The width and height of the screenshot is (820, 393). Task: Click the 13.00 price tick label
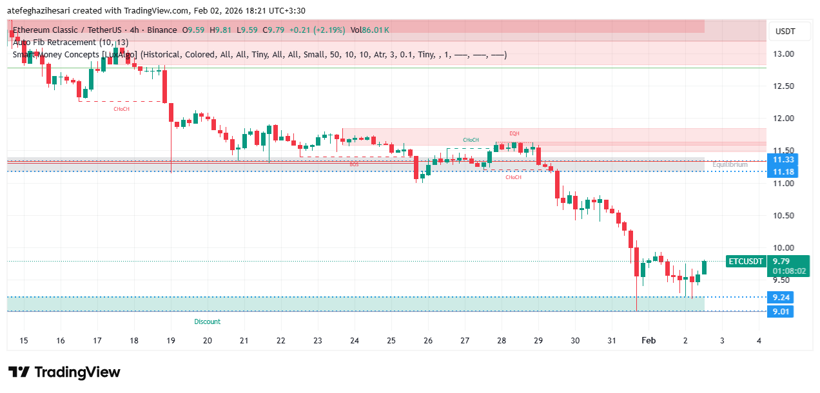784,54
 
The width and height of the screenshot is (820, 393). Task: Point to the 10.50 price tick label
784,215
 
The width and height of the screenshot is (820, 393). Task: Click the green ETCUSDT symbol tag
746,262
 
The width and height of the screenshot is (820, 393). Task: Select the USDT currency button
785,32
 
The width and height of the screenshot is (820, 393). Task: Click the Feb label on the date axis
648,340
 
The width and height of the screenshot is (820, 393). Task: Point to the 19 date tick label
171,340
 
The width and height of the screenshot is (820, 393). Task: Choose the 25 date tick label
391,340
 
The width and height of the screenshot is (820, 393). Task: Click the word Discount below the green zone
207,321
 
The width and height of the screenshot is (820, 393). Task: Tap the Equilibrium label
730,165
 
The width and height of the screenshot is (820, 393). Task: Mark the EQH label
514,133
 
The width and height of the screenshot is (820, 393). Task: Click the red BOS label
354,164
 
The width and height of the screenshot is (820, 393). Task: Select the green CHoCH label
471,140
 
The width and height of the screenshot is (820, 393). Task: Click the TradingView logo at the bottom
64,372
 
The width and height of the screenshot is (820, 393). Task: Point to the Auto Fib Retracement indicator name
70,42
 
